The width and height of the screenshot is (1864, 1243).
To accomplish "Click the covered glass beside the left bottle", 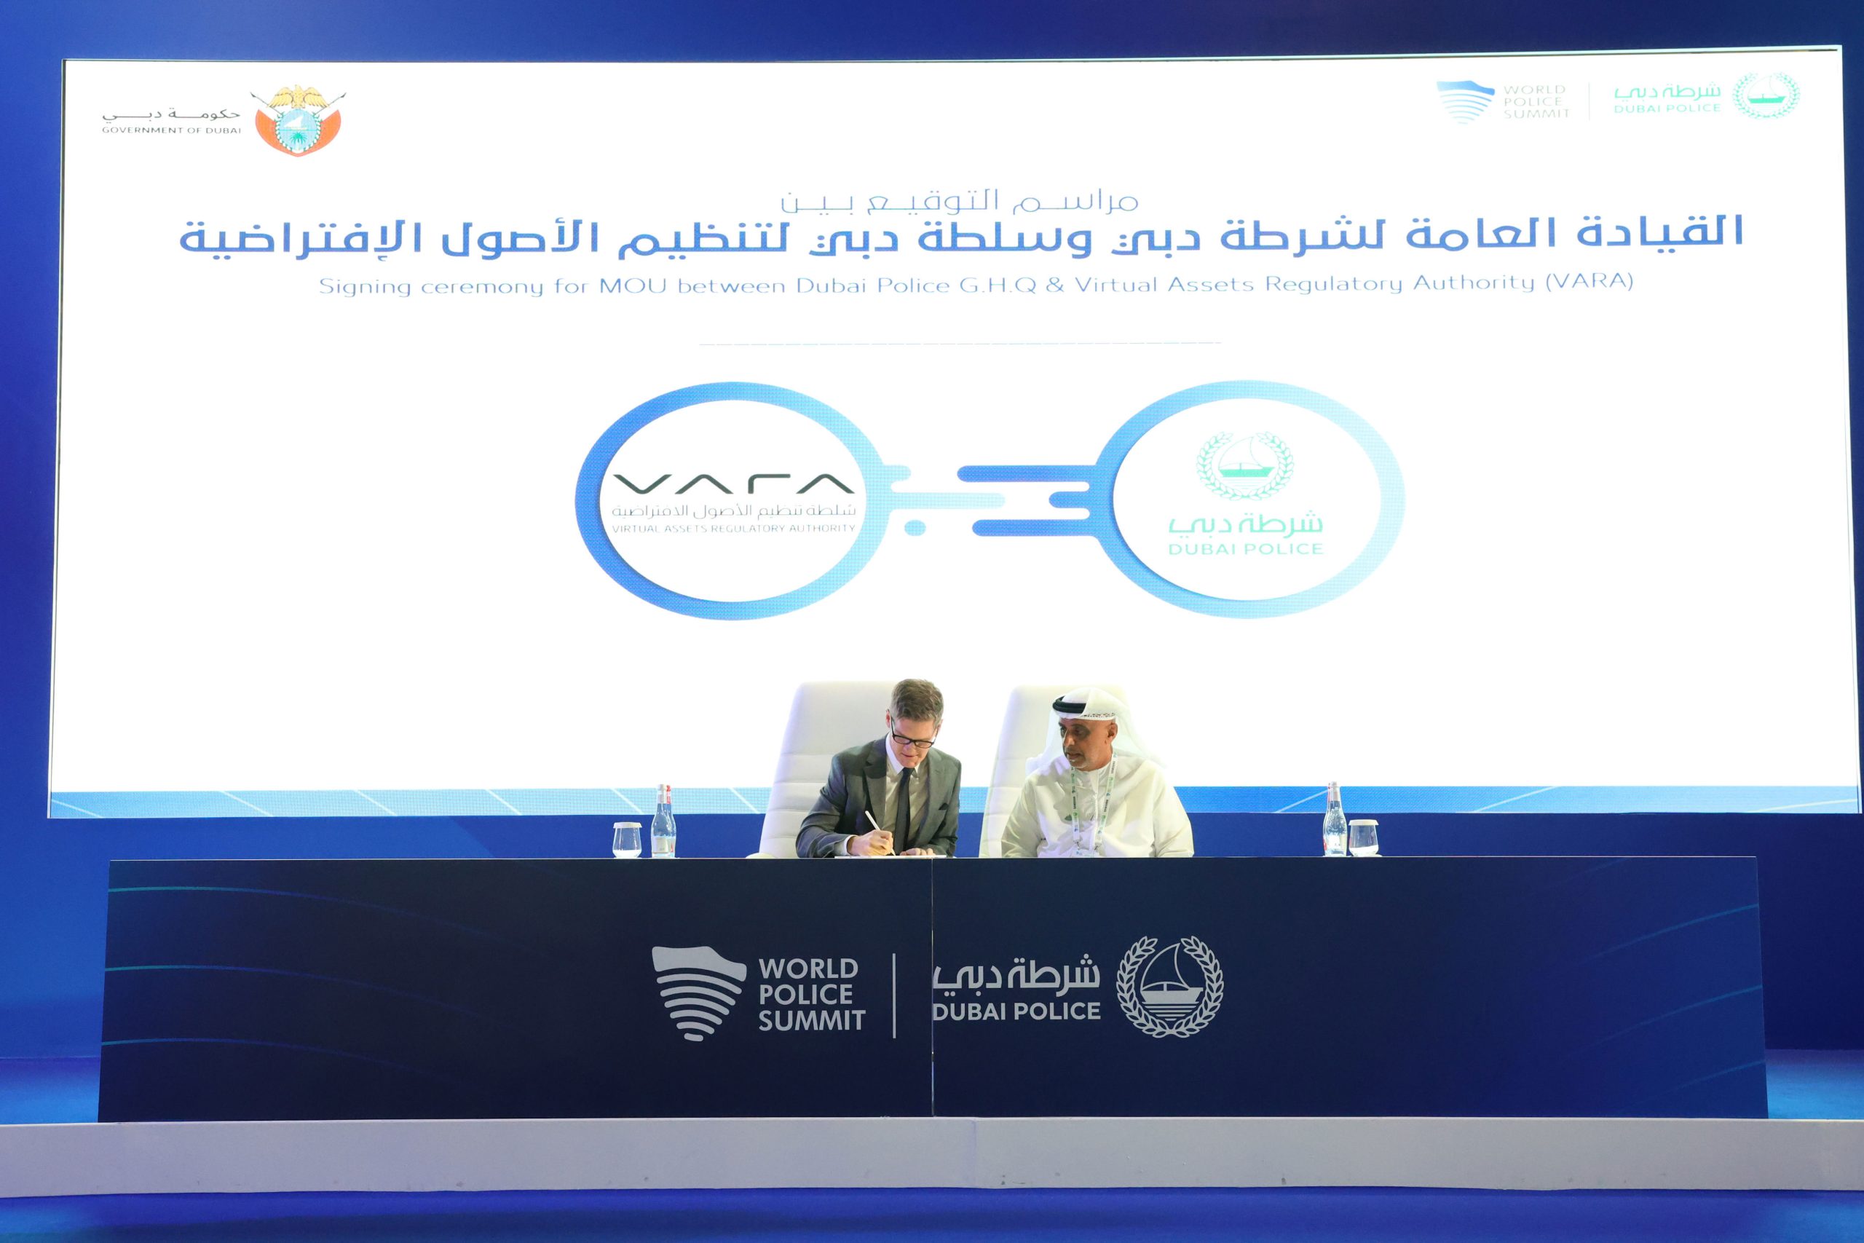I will coord(626,839).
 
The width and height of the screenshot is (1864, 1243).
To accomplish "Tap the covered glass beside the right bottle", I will coord(1363,837).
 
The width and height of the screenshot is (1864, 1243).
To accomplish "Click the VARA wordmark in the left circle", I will coord(733,483).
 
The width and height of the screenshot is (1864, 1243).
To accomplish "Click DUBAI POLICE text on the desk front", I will coord(1016,1011).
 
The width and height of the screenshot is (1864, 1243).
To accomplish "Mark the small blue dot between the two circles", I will coord(915,526).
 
